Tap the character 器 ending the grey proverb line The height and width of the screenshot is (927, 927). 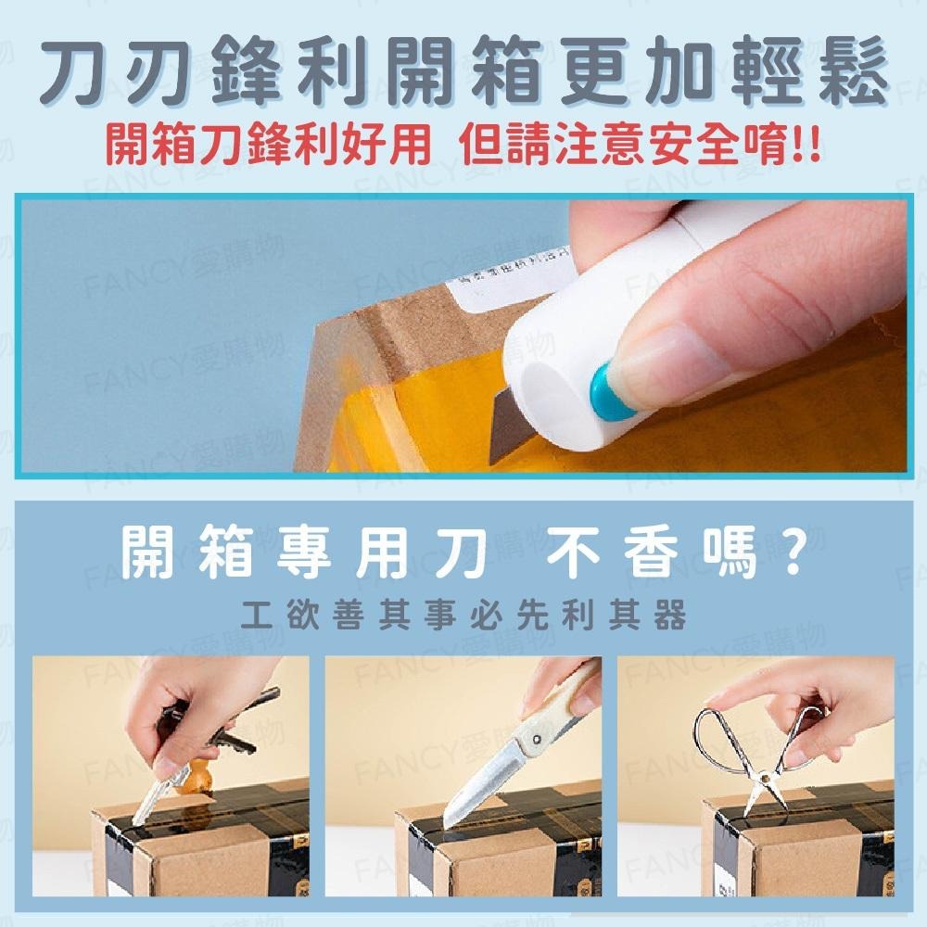pos(670,616)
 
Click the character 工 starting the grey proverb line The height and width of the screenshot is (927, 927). pos(255,616)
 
